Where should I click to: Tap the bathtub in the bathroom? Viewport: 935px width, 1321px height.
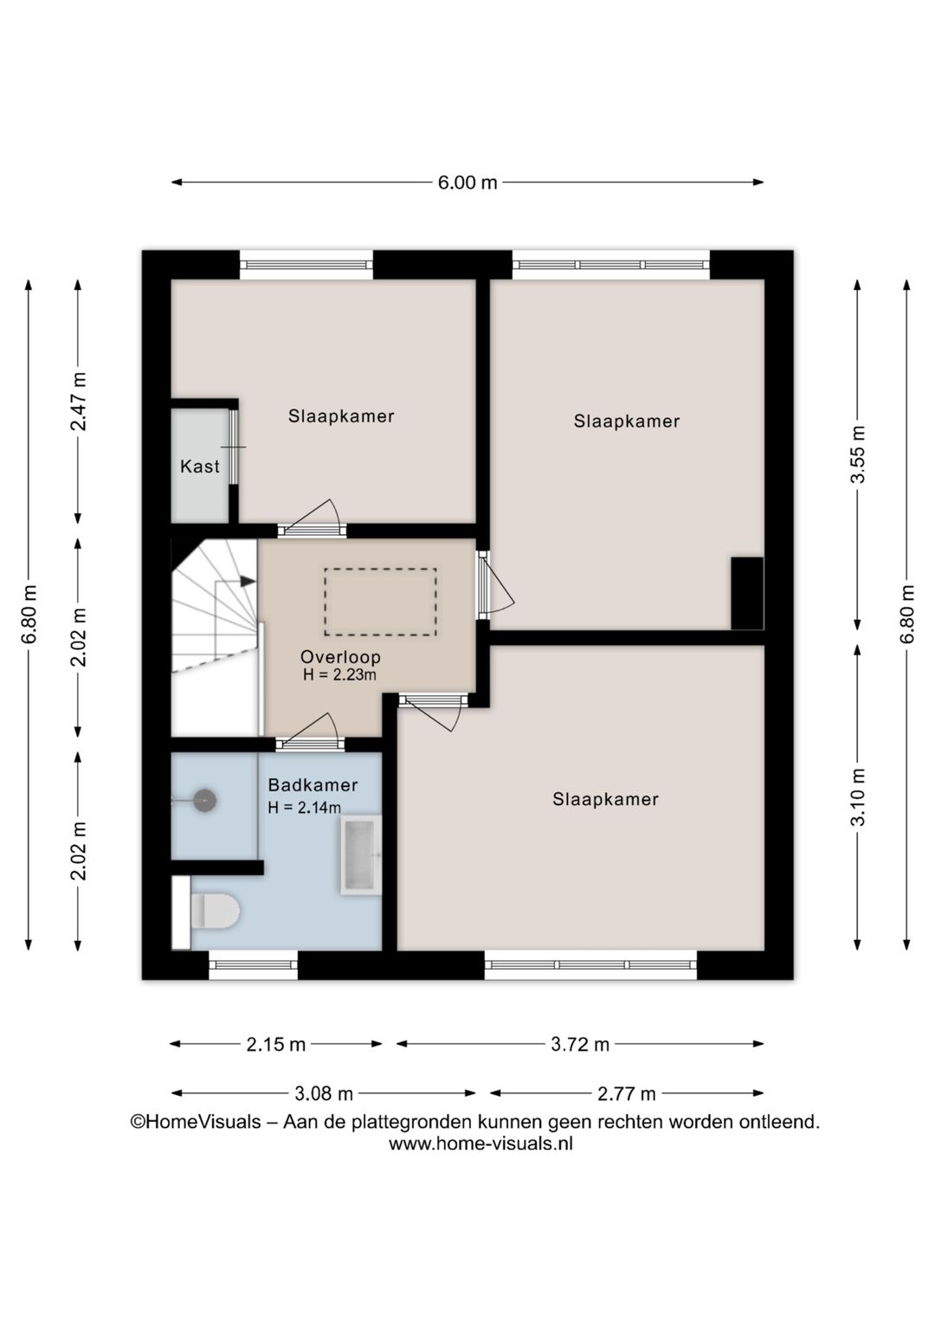(x=360, y=855)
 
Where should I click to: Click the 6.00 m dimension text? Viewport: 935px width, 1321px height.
(x=467, y=183)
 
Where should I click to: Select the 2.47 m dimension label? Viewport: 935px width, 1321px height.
(x=79, y=402)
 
